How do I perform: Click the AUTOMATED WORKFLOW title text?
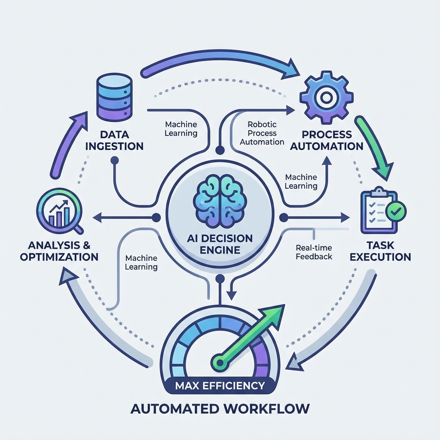click(x=220, y=408)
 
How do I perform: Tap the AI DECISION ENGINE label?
click(x=220, y=244)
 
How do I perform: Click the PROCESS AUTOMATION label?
click(x=327, y=141)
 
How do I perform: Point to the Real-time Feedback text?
click(x=314, y=252)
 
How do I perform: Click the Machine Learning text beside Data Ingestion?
click(x=181, y=128)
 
